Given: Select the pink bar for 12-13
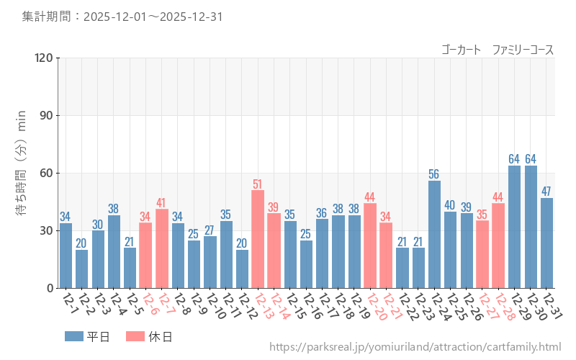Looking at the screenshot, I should tap(258, 239).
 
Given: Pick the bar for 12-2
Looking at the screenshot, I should tap(81, 269).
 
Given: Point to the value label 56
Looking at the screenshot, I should tap(434, 174).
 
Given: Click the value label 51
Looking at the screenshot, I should tap(258, 184).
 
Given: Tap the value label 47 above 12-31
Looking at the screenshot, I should tap(546, 192).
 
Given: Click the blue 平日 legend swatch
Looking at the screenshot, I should tap(73, 336).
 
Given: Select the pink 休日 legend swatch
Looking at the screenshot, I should tap(135, 336).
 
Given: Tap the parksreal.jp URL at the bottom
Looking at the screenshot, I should tap(415, 347).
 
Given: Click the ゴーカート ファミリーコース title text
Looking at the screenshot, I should tap(498, 50).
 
